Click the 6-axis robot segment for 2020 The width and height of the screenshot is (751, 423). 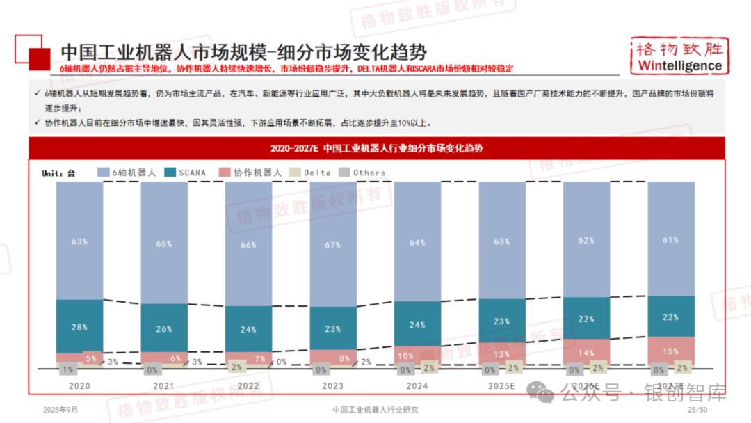coord(79,241)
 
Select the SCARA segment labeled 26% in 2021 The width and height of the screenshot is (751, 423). coord(164,328)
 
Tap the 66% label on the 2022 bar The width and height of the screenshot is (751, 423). coord(248,245)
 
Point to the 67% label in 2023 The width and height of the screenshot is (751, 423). coord(332,246)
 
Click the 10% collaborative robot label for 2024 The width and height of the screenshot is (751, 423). coord(405,356)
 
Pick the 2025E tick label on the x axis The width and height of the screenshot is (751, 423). coord(501,385)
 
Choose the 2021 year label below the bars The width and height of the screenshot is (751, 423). coord(163,385)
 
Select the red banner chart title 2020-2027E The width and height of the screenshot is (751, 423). coord(376,148)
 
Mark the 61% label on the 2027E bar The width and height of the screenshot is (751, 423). coord(670,239)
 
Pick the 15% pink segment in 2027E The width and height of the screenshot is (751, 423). coord(670,351)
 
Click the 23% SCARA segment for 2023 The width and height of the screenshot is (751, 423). coord(332,329)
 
